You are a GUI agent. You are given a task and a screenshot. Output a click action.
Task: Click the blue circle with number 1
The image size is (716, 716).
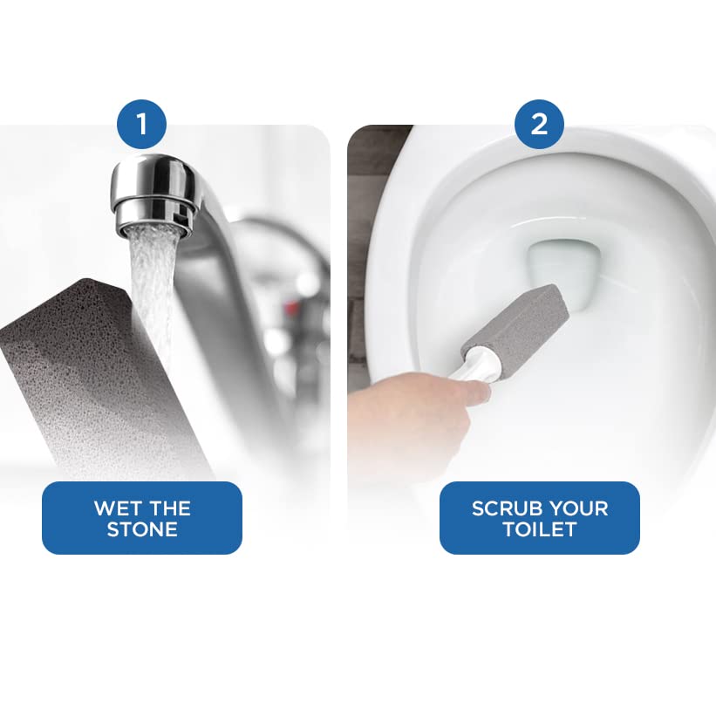coord(142,124)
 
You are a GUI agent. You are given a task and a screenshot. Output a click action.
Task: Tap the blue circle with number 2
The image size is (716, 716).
coord(539,124)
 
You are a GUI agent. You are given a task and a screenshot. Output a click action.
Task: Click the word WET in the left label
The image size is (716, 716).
coord(117,508)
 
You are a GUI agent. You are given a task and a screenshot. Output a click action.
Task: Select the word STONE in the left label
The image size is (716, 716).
coord(142,529)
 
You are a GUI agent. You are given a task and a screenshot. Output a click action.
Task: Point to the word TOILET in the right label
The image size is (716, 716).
coord(539,529)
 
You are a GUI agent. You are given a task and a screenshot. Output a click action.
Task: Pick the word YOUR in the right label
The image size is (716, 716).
coord(578,508)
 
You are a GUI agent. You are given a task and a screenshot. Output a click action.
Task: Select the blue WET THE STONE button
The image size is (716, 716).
coord(142,518)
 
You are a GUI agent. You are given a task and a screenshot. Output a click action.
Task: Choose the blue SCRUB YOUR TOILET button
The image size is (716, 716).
coord(539,518)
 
